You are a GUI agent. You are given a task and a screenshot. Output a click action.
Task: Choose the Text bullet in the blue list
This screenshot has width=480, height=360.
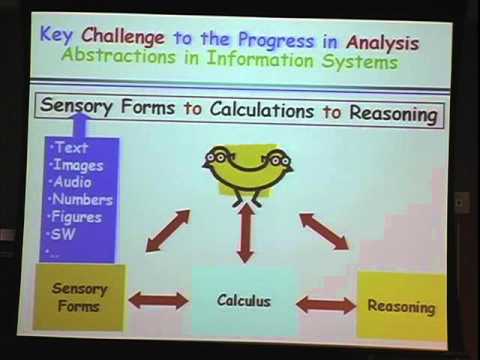72,147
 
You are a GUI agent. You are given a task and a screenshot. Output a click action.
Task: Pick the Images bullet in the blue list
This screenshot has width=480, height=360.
79,165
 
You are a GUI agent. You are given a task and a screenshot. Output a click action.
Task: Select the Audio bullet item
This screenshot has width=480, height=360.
76,182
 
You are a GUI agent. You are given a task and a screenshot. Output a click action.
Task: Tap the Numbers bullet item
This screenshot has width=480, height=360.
84,199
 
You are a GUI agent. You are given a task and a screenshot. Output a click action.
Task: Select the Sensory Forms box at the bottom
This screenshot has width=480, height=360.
79,296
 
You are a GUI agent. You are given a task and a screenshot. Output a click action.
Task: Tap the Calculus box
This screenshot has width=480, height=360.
244,299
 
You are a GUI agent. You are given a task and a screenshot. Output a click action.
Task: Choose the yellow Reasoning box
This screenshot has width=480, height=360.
400,305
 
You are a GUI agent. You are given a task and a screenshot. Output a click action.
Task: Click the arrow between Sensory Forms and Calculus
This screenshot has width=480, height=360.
158,299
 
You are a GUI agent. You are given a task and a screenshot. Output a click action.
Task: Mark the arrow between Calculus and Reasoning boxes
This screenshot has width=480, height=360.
327,304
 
